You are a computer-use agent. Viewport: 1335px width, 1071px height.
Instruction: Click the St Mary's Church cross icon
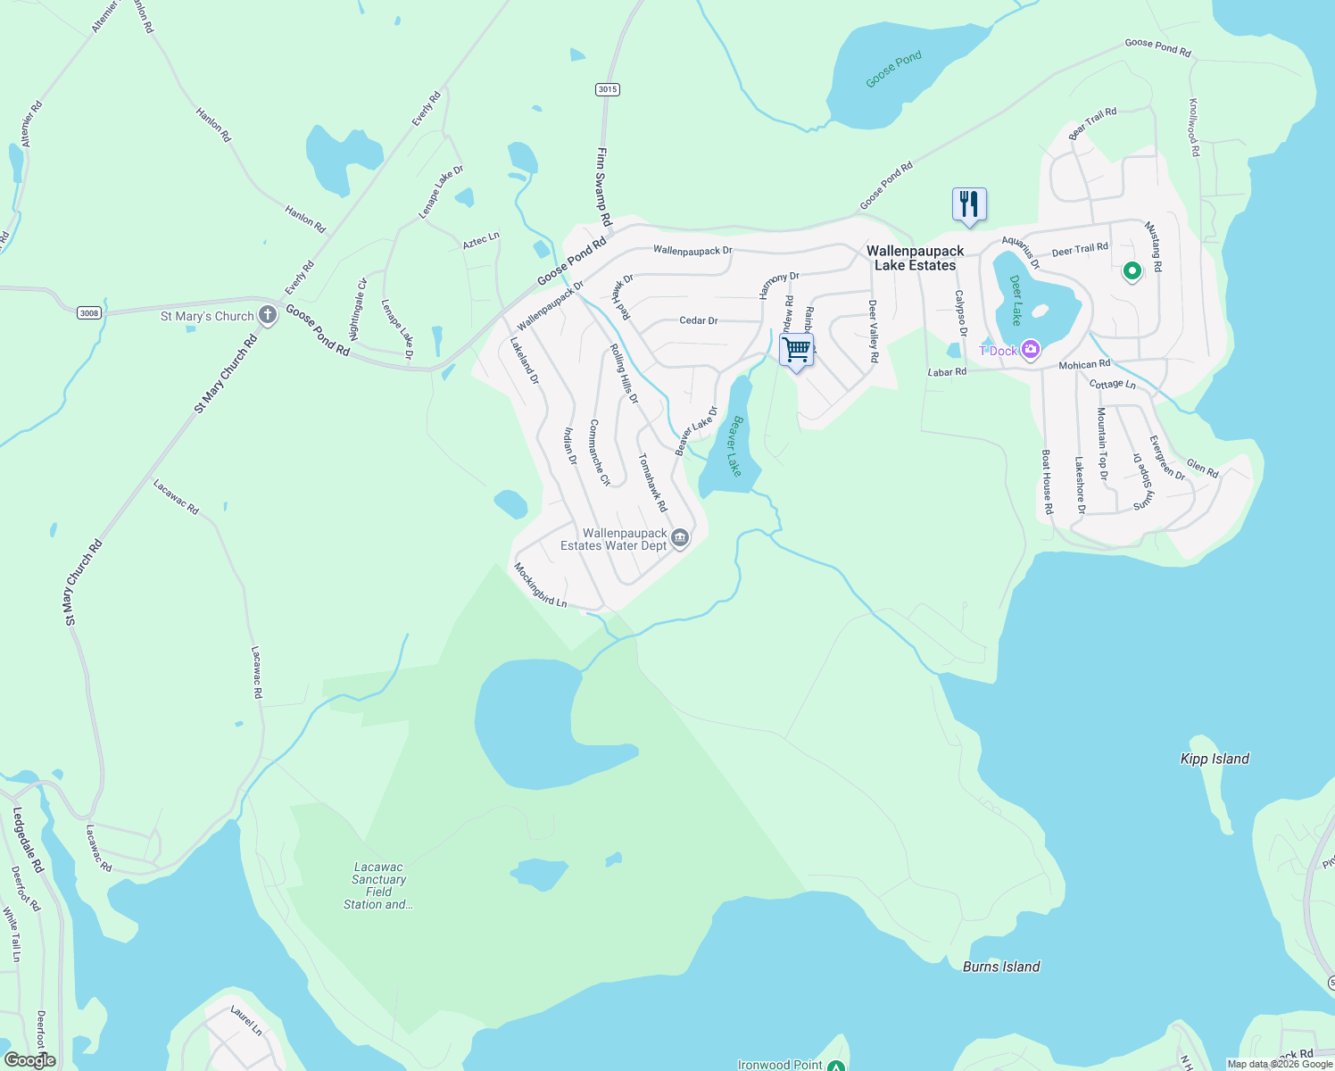point(268,315)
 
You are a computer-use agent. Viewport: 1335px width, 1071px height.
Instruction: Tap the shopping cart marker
point(796,349)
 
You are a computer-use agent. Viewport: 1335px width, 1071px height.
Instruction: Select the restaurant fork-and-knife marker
point(969,204)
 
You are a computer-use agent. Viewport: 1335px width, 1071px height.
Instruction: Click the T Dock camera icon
point(1031,350)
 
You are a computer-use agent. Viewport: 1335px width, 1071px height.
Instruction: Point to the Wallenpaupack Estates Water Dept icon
point(680,537)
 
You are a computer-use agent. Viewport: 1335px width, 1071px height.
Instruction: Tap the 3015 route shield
point(608,89)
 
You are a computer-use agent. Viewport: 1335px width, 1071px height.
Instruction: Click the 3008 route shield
point(88,312)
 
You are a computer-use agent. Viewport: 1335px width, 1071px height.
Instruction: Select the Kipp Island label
point(1215,759)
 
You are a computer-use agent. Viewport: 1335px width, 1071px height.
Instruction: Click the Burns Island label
point(1001,967)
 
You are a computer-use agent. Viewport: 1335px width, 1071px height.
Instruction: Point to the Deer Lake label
point(1016,300)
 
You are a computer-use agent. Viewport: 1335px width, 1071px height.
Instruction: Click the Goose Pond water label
point(893,70)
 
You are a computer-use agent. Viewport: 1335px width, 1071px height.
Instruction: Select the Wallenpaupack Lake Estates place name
point(915,258)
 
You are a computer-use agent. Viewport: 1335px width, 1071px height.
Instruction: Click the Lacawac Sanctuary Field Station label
point(378,885)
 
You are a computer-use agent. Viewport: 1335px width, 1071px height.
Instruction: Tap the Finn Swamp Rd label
point(604,186)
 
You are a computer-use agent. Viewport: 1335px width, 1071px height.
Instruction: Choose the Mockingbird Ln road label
point(540,585)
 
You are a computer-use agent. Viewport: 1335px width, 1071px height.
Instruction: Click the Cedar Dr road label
point(698,320)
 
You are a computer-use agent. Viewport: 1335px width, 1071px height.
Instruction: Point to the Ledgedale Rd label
point(27,839)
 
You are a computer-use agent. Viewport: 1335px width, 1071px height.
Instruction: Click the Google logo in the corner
point(29,1060)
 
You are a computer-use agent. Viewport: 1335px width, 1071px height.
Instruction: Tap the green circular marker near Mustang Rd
point(1132,270)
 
